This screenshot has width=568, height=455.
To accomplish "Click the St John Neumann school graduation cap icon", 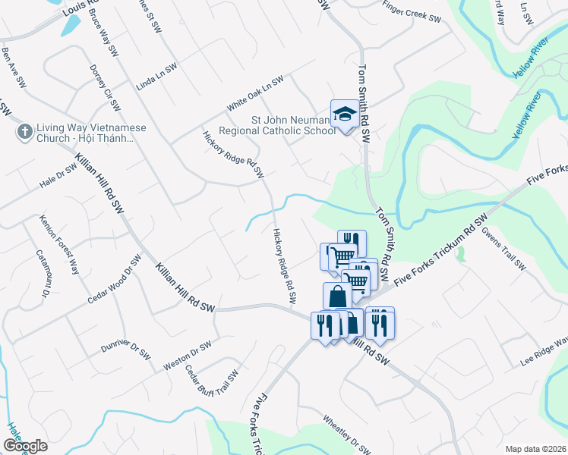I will point(344,115).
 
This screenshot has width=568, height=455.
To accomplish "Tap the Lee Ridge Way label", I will point(544,352).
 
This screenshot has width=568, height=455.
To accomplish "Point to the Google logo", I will point(25,445).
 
